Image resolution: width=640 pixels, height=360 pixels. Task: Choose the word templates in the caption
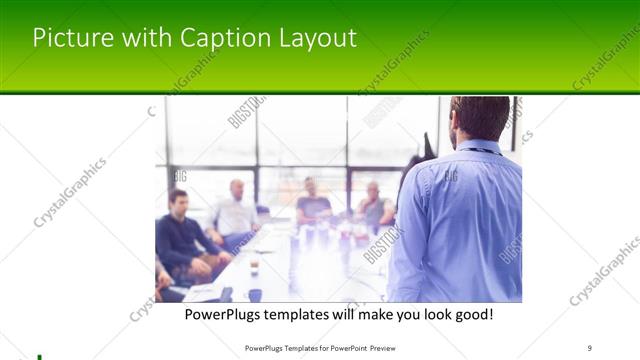click(305, 315)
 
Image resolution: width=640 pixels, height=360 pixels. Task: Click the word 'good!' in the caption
click(470, 315)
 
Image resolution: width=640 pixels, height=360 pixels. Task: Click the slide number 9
click(590, 348)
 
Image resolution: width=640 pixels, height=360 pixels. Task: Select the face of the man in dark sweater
click(178, 202)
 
